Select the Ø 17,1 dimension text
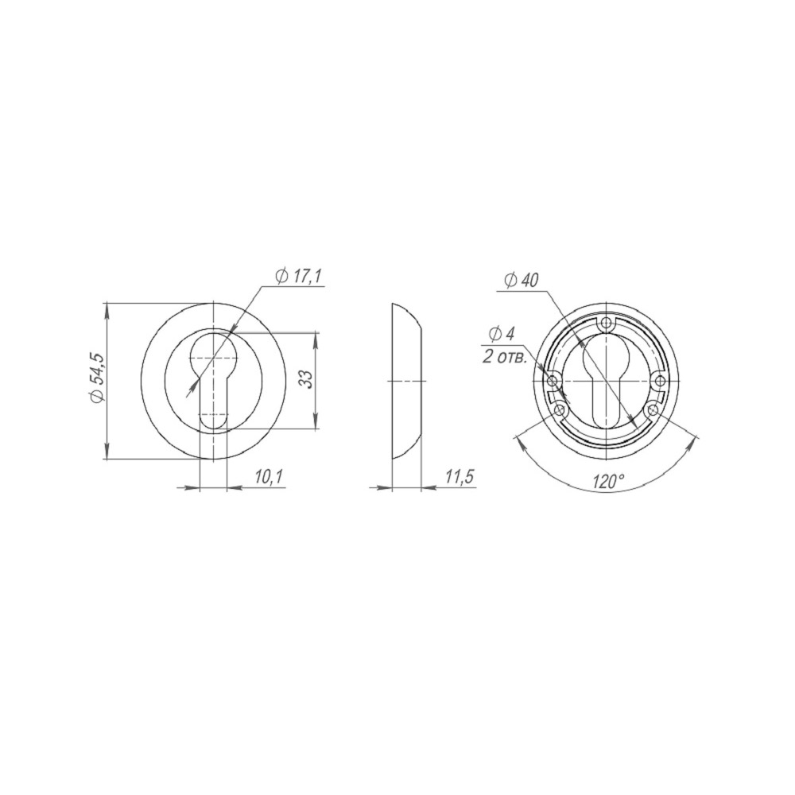[x=299, y=277]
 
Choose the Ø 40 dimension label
[x=522, y=280]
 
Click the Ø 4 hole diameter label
[x=502, y=334]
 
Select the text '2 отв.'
[x=505, y=357]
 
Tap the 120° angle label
[x=608, y=481]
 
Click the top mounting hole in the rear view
[x=606, y=323]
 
